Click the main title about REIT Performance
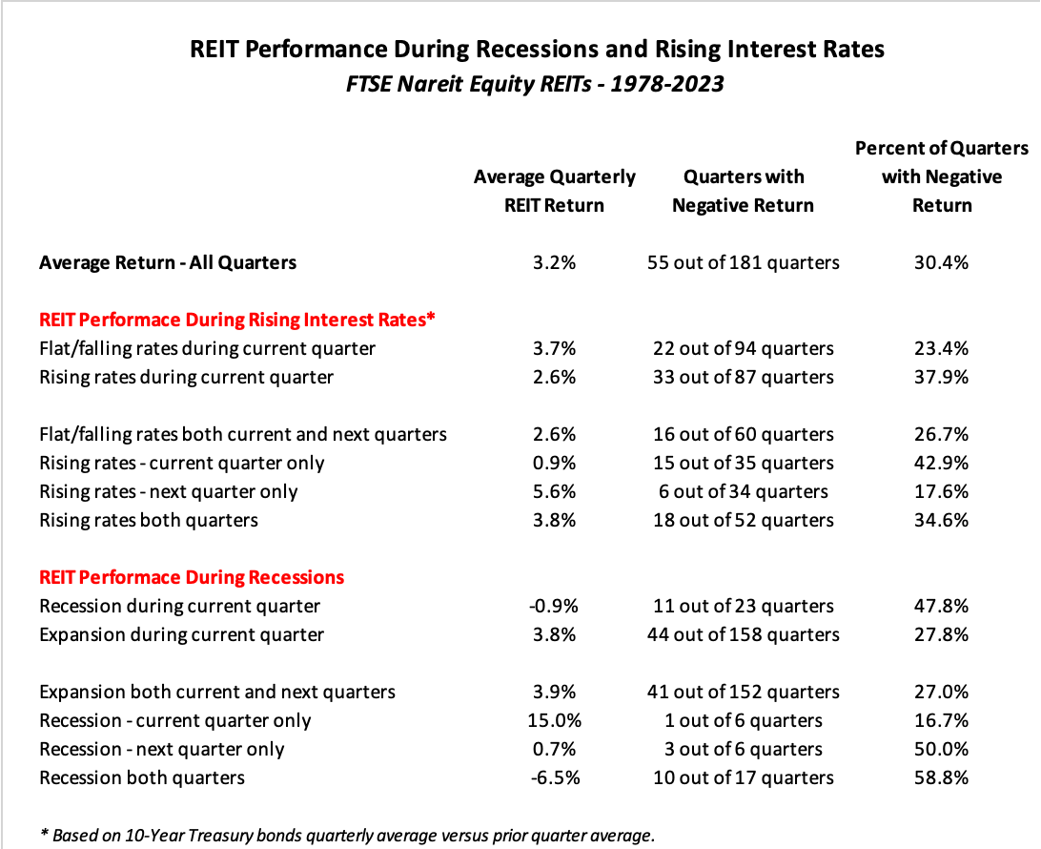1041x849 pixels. [x=538, y=49]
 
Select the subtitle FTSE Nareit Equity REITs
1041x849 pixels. [x=536, y=84]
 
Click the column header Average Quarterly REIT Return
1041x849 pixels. [x=554, y=191]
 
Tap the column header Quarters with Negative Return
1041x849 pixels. [x=743, y=191]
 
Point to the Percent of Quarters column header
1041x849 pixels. [x=941, y=176]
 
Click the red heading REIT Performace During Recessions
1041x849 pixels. [x=192, y=577]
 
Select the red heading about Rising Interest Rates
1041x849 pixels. [x=236, y=320]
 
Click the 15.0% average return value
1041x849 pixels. [x=554, y=720]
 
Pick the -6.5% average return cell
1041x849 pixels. [x=554, y=777]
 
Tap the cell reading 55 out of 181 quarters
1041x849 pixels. [x=743, y=262]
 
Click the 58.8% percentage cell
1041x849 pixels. [x=941, y=777]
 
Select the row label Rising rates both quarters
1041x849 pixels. [x=149, y=520]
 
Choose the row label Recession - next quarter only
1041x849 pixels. [x=162, y=749]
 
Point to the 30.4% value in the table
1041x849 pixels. [x=941, y=262]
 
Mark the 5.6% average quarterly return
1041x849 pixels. [x=554, y=491]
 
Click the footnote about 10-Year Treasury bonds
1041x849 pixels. [x=347, y=835]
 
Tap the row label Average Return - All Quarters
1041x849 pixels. [x=168, y=262]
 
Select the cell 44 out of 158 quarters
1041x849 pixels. [x=743, y=634]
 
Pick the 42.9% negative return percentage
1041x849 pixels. [x=941, y=463]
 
